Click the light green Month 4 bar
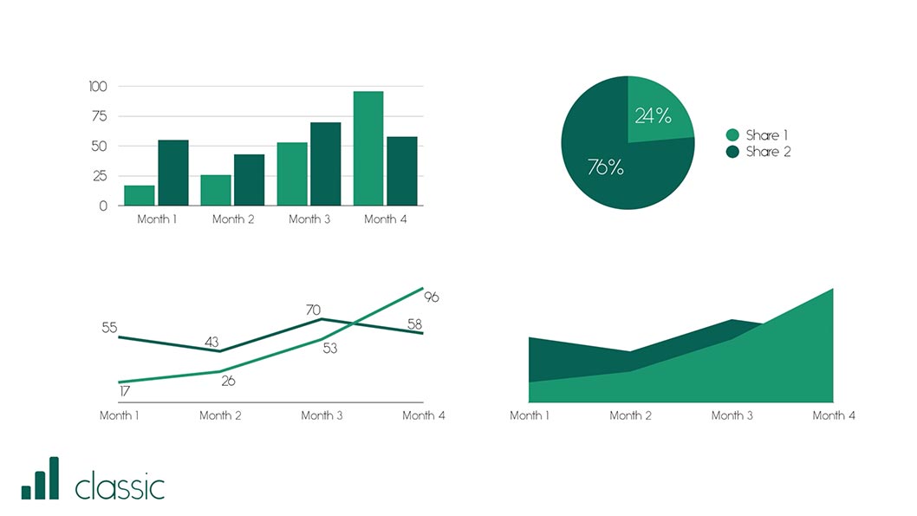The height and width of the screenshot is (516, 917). click(x=368, y=148)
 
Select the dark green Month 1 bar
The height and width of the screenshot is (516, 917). click(x=173, y=173)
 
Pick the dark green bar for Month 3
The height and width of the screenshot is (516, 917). click(x=326, y=164)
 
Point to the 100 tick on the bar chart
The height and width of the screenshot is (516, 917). click(x=98, y=86)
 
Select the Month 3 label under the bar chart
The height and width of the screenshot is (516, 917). click(x=309, y=219)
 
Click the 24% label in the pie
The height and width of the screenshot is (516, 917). click(x=653, y=116)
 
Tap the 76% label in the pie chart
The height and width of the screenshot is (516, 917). click(x=605, y=167)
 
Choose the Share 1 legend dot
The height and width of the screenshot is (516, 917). click(x=732, y=135)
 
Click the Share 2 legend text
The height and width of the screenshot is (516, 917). click(x=768, y=152)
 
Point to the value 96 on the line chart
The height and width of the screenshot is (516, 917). click(x=432, y=297)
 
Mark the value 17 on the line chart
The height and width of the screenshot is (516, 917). click(x=125, y=393)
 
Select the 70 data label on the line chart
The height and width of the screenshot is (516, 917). click(x=313, y=310)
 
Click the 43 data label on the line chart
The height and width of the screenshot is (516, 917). click(x=211, y=342)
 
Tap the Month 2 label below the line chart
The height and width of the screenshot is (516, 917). click(x=220, y=415)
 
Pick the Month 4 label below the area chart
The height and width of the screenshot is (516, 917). click(x=834, y=415)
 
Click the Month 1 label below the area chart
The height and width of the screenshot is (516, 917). click(x=530, y=415)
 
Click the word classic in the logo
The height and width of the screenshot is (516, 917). click(x=120, y=487)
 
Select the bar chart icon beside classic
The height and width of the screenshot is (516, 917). click(x=41, y=479)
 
